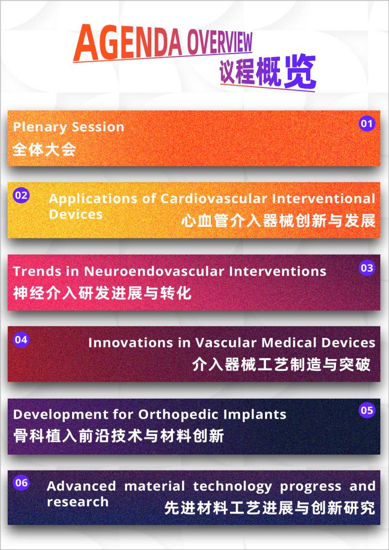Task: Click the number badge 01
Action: pos(366,124)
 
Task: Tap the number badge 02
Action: pos(21,196)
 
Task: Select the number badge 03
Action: pos(367,268)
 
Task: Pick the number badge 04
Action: pos(21,340)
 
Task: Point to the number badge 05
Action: pos(367,410)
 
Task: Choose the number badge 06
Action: pos(21,483)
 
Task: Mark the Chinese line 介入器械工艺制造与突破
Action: pos(281,365)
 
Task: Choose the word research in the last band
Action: pos(78,502)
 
